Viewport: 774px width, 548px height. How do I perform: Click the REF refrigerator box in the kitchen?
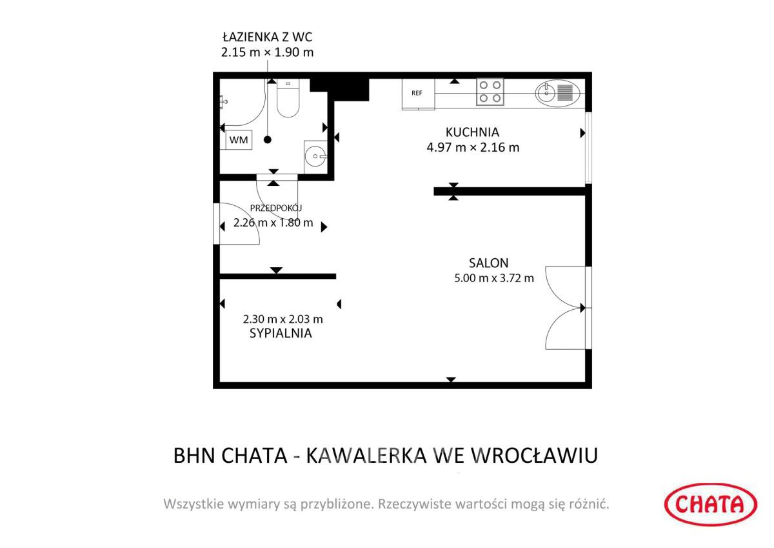(x=417, y=94)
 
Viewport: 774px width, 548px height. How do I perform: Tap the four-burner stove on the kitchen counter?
(x=490, y=92)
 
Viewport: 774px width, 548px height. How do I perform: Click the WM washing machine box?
(x=239, y=139)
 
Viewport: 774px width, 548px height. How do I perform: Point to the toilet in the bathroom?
(x=288, y=99)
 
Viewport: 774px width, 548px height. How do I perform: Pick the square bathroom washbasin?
(x=315, y=155)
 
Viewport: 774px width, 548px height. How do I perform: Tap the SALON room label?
(x=488, y=263)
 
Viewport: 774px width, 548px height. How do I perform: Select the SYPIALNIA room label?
(x=281, y=334)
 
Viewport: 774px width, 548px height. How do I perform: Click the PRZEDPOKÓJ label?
(x=275, y=208)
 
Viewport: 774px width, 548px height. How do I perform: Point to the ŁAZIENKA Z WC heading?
(x=267, y=37)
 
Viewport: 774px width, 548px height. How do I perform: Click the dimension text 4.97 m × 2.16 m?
(x=473, y=147)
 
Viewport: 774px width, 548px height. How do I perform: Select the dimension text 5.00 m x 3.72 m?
(x=494, y=278)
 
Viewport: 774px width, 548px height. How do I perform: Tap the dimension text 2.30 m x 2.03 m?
(x=283, y=319)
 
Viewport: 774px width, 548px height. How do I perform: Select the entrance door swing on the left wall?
(x=237, y=224)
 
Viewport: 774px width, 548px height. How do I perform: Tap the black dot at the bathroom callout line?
(x=268, y=139)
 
